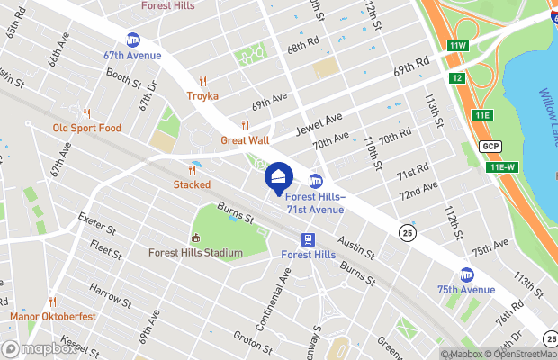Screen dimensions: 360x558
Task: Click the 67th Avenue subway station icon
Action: [133, 40]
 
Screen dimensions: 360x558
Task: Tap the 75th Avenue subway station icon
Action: [466, 274]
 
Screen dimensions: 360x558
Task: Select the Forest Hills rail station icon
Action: [308, 239]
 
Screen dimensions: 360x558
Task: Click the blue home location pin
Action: [278, 175]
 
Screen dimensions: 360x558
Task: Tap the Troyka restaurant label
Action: [202, 95]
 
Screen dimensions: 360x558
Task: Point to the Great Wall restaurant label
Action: [245, 140]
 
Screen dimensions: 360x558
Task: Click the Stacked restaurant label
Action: [192, 184]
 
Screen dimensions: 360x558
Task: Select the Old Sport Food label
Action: [86, 128]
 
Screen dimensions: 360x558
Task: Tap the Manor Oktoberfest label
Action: [53, 316]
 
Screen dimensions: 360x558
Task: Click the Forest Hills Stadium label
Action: [195, 253]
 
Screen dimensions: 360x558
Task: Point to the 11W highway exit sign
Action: [457, 46]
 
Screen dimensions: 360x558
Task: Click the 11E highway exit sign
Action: [483, 115]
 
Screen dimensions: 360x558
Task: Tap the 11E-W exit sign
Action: [502, 167]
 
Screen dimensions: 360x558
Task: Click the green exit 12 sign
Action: [457, 79]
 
